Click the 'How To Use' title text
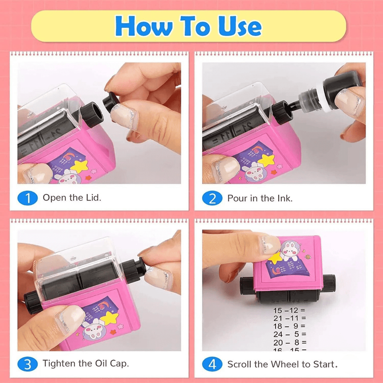(188, 26)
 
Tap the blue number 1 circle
(27, 198)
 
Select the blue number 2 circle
(212, 198)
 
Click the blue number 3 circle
(27, 364)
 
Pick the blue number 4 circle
(212, 364)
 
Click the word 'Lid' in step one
(93, 198)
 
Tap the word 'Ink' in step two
(284, 198)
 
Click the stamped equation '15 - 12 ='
(289, 311)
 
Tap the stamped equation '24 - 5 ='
(289, 334)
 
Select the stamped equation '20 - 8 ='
(289, 342)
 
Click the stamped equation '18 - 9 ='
(289, 326)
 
